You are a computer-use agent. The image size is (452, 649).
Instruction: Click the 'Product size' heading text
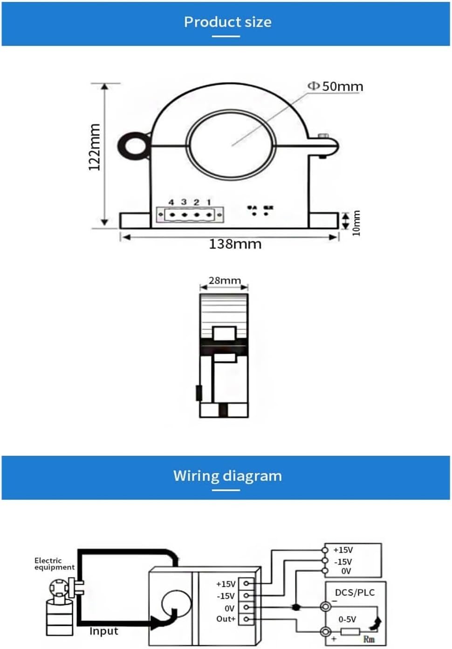click(227, 22)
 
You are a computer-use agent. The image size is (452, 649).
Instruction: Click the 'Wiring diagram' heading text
click(227, 476)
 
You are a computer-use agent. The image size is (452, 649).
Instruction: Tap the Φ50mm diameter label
click(336, 87)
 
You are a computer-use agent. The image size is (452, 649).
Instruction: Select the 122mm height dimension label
click(95, 147)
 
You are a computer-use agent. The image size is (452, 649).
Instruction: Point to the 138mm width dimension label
click(235, 244)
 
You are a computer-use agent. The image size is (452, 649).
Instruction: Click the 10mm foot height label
click(356, 223)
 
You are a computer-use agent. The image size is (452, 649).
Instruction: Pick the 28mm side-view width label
click(224, 281)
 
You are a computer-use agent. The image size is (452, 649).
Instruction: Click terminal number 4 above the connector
click(171, 202)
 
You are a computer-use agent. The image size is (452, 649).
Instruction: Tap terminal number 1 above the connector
click(209, 202)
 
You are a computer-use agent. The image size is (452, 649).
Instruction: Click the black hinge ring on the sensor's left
click(134, 145)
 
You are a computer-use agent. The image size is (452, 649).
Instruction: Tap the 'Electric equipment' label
click(54, 564)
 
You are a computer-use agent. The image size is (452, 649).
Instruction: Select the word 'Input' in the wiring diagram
click(103, 631)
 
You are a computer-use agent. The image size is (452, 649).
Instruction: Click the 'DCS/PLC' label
click(355, 593)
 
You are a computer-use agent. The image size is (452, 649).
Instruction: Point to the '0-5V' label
click(347, 619)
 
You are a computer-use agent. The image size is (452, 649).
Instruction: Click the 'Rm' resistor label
click(369, 639)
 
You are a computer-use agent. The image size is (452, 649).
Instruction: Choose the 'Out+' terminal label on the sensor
click(226, 619)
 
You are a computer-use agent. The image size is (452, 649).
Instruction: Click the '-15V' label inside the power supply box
click(343, 562)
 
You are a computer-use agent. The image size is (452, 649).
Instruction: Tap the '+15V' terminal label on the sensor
click(226, 584)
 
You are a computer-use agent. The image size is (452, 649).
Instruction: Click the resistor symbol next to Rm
click(350, 631)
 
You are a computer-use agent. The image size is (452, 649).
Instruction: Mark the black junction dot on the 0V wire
click(295, 607)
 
